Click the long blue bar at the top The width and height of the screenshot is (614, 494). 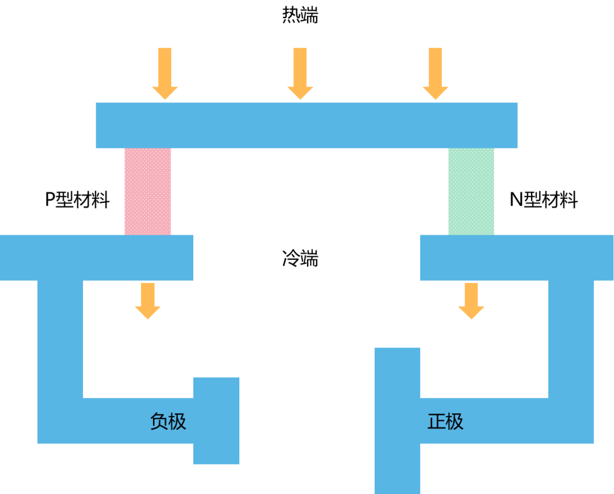[x=306, y=125]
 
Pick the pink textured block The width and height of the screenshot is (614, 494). [x=148, y=192]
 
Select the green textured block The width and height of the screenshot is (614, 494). [x=471, y=192]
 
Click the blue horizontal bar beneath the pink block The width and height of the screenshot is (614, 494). [x=97, y=258]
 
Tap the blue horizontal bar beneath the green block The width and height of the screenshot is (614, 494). [x=517, y=258]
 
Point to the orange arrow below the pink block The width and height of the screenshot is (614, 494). [x=148, y=300]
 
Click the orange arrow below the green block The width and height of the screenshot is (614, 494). [x=471, y=300]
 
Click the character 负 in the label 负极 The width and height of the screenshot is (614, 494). [x=159, y=421]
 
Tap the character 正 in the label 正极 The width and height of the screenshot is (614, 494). [x=436, y=421]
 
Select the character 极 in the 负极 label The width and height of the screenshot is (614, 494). [x=177, y=421]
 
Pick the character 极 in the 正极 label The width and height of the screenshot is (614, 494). [x=455, y=421]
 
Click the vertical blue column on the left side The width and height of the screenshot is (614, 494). [x=60, y=341]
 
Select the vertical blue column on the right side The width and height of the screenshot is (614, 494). [x=571, y=341]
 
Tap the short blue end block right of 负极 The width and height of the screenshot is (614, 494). [x=217, y=421]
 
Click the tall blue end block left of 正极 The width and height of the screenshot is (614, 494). [x=397, y=421]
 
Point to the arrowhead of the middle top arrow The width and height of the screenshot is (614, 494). [x=300, y=93]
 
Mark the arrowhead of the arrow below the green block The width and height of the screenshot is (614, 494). [x=471, y=313]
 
